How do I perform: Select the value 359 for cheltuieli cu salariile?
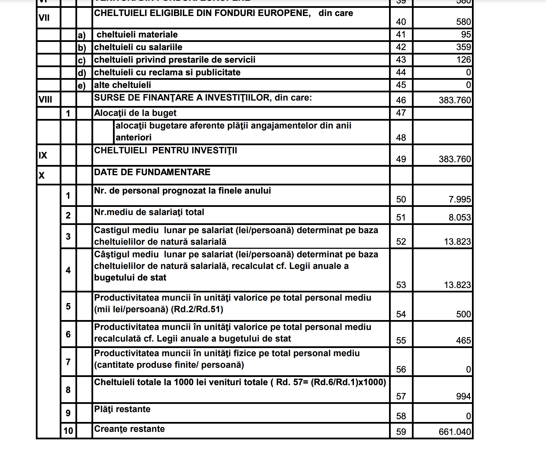click(x=463, y=47)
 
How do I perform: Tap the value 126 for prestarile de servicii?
click(x=463, y=60)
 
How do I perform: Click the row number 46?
click(x=401, y=100)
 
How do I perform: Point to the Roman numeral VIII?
click(x=45, y=100)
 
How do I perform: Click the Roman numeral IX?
click(x=43, y=155)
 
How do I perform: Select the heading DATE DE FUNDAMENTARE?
click(x=152, y=172)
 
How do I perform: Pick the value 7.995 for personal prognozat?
click(x=460, y=199)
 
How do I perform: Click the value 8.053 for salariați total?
click(x=460, y=217)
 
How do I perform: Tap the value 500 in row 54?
click(x=463, y=314)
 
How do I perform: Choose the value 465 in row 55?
click(x=463, y=340)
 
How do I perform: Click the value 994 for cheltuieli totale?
click(x=463, y=396)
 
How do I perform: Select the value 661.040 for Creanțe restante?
click(x=455, y=432)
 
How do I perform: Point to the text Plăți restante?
click(x=122, y=409)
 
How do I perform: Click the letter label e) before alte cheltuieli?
click(x=82, y=85)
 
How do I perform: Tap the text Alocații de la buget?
click(x=135, y=113)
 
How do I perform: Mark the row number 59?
click(x=401, y=432)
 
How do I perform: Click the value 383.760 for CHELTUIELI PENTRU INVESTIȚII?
click(x=455, y=159)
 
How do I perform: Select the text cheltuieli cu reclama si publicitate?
click(x=167, y=72)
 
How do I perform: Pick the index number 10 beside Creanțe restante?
click(x=68, y=431)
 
